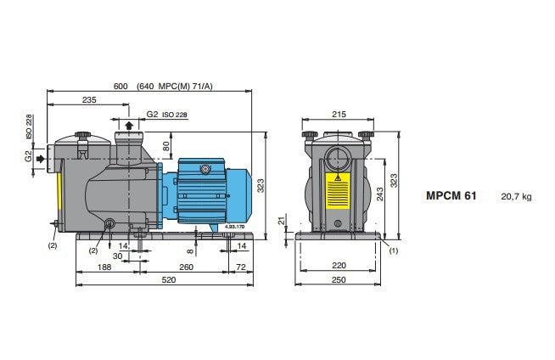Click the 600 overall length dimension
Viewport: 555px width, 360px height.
coord(121,87)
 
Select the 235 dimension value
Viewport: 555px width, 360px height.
coord(89,100)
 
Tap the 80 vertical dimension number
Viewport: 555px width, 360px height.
coord(166,146)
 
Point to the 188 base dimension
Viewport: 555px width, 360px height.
coord(104,267)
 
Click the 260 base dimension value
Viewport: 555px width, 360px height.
coord(186,267)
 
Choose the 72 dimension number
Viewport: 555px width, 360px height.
coord(241,267)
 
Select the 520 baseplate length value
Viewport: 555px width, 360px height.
coord(169,280)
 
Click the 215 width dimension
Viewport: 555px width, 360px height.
coord(339,115)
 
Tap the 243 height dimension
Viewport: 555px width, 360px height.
coord(380,194)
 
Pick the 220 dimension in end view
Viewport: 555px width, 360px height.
coord(339,266)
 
